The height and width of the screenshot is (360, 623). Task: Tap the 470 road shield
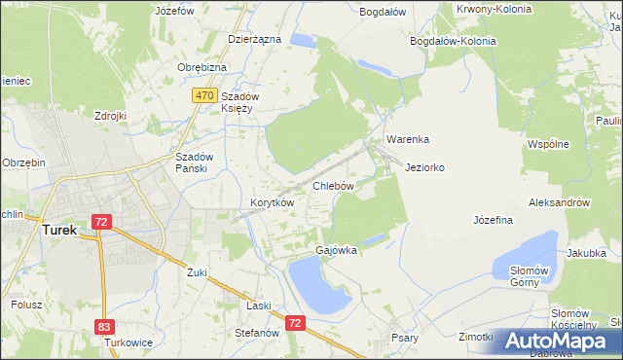point(203,95)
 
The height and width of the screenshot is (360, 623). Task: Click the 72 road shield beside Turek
point(101,222)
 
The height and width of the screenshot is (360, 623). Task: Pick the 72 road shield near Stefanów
point(296,320)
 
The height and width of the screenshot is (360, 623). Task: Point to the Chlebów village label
point(332,185)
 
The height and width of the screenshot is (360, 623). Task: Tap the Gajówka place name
point(336,250)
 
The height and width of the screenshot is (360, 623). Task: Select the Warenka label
point(407,139)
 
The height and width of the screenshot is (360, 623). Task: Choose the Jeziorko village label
point(424,167)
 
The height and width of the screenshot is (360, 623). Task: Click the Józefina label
point(493,221)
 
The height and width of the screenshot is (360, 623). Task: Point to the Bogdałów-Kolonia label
point(453,42)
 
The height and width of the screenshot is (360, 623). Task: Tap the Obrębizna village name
point(202,67)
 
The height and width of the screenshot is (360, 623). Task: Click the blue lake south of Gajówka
point(316,287)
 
